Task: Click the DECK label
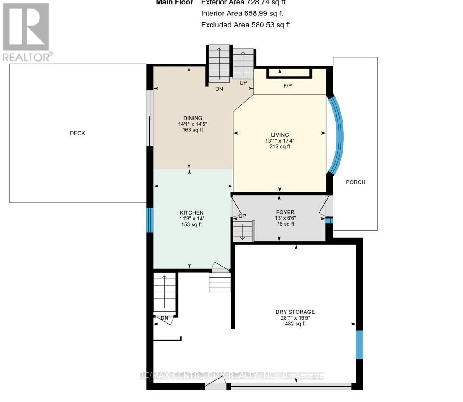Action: click(x=77, y=133)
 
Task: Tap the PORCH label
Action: click(x=355, y=182)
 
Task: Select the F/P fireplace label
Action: click(x=288, y=85)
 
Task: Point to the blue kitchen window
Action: click(x=150, y=220)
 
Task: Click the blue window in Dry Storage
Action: click(x=359, y=344)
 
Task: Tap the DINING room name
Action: click(x=193, y=118)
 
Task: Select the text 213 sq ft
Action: click(x=280, y=147)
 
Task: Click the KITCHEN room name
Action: click(x=191, y=213)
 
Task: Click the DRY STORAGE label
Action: click(x=295, y=312)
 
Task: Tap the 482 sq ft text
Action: click(x=295, y=324)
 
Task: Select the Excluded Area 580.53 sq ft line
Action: click(x=246, y=25)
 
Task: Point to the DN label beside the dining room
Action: click(x=219, y=89)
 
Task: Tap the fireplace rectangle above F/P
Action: click(x=289, y=73)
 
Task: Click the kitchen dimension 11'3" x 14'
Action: click(x=191, y=219)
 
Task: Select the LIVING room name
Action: click(x=280, y=135)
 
